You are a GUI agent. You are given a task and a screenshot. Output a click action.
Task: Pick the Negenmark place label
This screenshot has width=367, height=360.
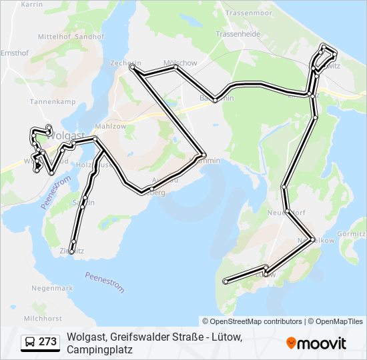click(x=52, y=288)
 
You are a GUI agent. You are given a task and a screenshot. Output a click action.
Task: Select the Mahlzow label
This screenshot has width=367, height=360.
click(x=110, y=126)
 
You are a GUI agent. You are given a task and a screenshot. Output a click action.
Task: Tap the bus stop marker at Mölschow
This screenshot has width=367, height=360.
click(x=175, y=67)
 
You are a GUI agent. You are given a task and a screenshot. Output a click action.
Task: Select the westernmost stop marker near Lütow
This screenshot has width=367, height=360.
click(x=226, y=281)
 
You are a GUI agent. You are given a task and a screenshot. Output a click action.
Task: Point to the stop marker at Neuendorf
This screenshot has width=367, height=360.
click(x=287, y=211)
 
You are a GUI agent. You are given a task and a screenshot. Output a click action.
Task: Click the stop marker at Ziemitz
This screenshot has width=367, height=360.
click(x=71, y=251)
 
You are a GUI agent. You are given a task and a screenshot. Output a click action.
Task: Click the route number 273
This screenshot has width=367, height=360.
click(x=47, y=342)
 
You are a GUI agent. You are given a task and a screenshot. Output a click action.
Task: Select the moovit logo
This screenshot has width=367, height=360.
click(x=316, y=343)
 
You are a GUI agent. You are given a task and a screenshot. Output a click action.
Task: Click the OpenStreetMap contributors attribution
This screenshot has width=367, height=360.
click(x=252, y=321)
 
